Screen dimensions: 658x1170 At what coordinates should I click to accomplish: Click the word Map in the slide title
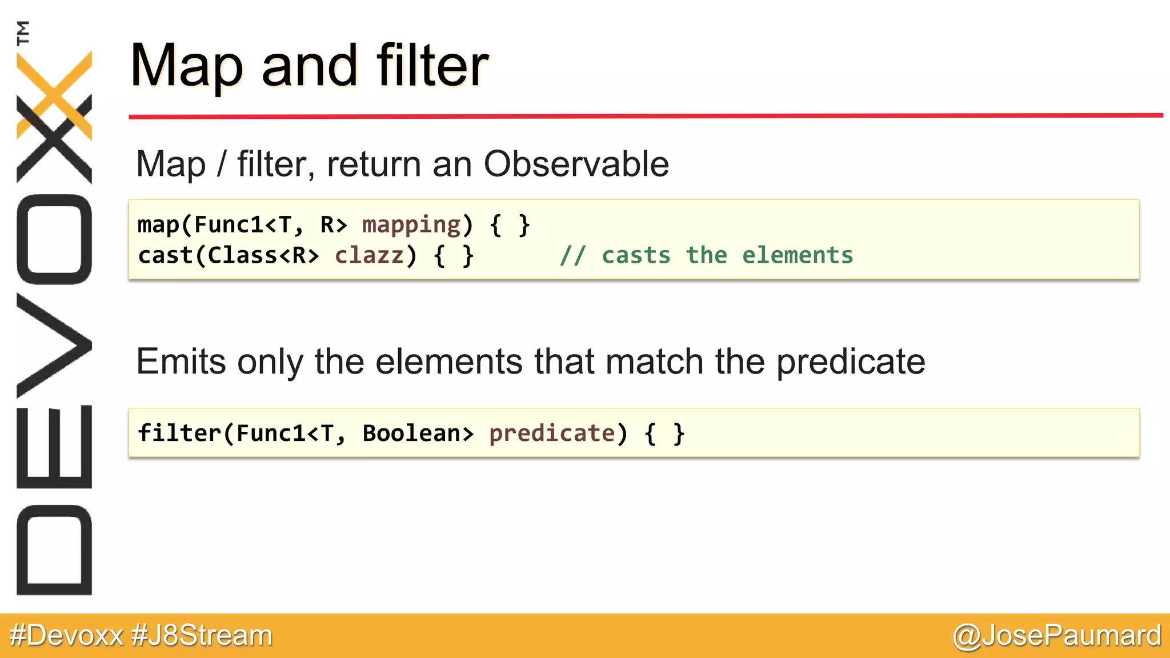click(x=186, y=67)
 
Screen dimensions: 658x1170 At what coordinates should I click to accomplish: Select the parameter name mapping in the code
click(x=411, y=225)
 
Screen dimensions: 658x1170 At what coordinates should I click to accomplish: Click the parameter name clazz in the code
click(x=369, y=255)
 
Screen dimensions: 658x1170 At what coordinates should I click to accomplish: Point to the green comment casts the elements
click(x=706, y=255)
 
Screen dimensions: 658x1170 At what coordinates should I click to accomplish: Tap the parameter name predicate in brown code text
click(x=552, y=434)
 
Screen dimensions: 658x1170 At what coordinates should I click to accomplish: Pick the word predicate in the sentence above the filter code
click(x=850, y=362)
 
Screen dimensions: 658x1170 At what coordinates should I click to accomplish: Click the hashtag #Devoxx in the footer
click(x=66, y=635)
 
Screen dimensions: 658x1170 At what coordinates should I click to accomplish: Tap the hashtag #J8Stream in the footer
click(x=202, y=635)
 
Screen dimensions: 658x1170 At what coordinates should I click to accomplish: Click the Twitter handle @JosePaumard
click(x=1056, y=635)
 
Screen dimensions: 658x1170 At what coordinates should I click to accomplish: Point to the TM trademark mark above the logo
click(x=23, y=33)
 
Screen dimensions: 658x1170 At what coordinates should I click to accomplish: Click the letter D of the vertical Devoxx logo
click(x=54, y=549)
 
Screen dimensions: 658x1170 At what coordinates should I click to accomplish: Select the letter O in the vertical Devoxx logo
click(x=54, y=239)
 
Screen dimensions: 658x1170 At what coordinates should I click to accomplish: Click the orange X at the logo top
click(x=54, y=94)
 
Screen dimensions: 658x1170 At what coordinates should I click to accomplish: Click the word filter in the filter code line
click(x=179, y=434)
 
